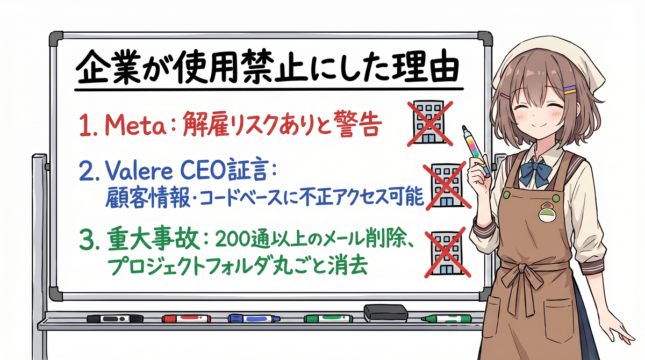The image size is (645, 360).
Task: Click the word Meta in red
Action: coord(136,125)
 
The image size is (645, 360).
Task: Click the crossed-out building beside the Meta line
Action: coord(429,123)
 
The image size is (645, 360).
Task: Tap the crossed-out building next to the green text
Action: coord(447,253)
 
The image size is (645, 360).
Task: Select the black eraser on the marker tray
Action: coord(386,313)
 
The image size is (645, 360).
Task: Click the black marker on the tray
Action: coord(115,319)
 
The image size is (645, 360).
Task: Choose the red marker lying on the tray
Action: coord(187,319)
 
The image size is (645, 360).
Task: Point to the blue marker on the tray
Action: coord(254,319)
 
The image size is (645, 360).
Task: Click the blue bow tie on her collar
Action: coord(535,172)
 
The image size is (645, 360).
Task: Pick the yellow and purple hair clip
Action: coord(570,90)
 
